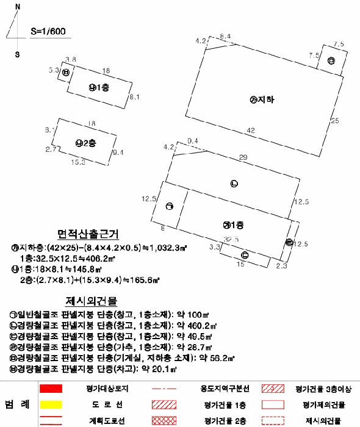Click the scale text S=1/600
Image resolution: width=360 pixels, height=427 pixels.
pos(48,29)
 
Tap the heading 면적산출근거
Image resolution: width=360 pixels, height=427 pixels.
pos(88,235)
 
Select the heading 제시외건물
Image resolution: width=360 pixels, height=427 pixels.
pos(91,301)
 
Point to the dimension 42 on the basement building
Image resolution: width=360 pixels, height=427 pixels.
pos(250,130)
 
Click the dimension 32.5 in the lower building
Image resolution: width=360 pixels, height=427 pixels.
pos(231,239)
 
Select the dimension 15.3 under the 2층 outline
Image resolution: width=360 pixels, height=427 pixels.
pos(77,162)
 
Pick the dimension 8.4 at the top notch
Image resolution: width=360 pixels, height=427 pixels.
pos(225,37)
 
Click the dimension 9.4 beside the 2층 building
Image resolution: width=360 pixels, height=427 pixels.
pos(118,152)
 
